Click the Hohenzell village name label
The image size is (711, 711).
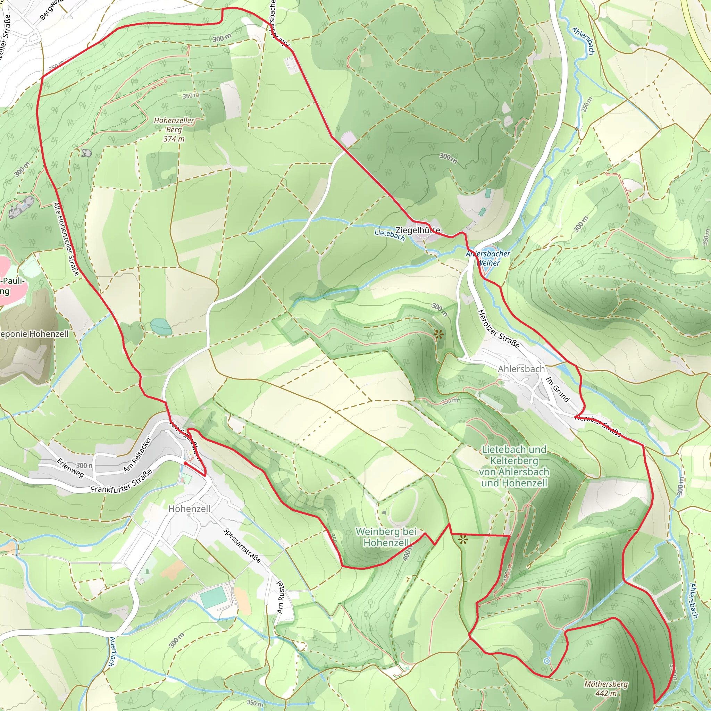coord(189,509)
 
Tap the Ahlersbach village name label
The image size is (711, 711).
coord(521,369)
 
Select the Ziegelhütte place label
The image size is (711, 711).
coord(418,231)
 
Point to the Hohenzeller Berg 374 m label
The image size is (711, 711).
coord(174,129)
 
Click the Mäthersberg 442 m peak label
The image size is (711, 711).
coord(606,688)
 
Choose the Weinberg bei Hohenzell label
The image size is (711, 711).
coord(386,537)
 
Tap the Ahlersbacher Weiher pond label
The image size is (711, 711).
coord(488,258)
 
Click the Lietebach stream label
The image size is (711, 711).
coord(390,235)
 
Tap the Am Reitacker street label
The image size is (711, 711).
coord(137,454)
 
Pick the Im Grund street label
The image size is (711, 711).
coord(558,390)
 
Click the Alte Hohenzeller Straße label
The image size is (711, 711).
coord(66,239)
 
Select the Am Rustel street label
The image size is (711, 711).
coord(281,597)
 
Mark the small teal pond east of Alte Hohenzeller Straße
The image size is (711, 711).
coord(161,326)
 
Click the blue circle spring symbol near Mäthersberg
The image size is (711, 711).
coord(547,661)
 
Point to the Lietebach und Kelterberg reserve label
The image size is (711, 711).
coord(514,466)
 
